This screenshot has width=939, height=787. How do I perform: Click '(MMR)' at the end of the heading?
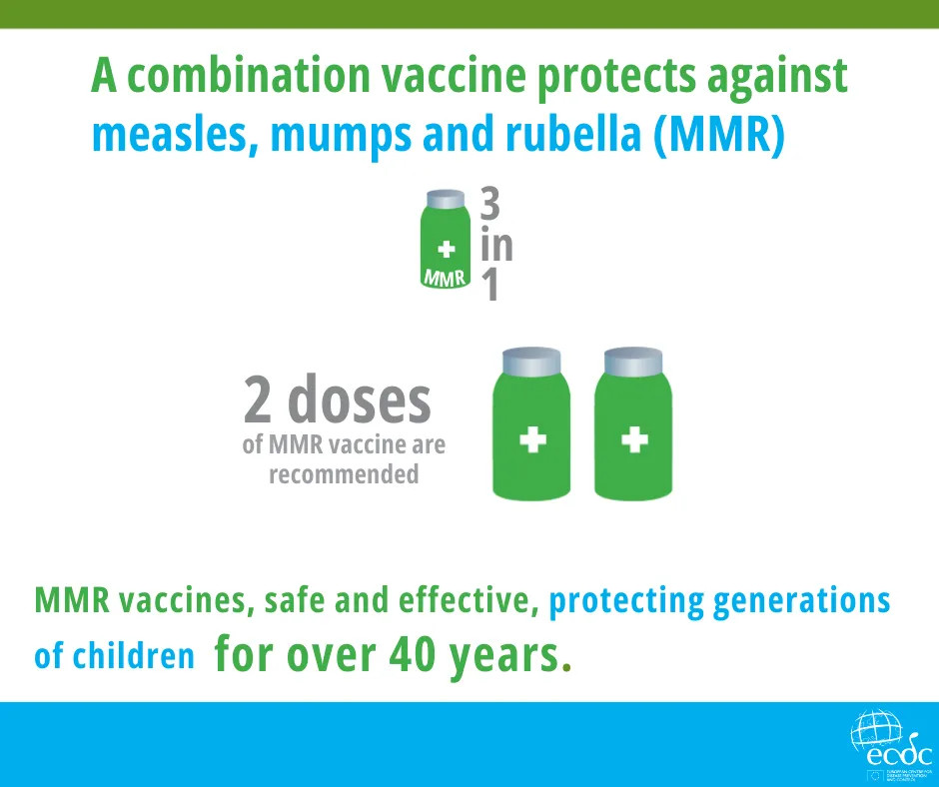coord(718,135)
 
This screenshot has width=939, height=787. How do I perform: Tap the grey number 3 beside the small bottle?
coord(489,206)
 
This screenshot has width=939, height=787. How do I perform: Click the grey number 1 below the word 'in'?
coord(489,288)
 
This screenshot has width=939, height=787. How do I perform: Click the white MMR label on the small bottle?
coord(445,277)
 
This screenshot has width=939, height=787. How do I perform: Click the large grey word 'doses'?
coord(360,399)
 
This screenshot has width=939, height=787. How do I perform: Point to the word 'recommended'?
coord(344,473)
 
